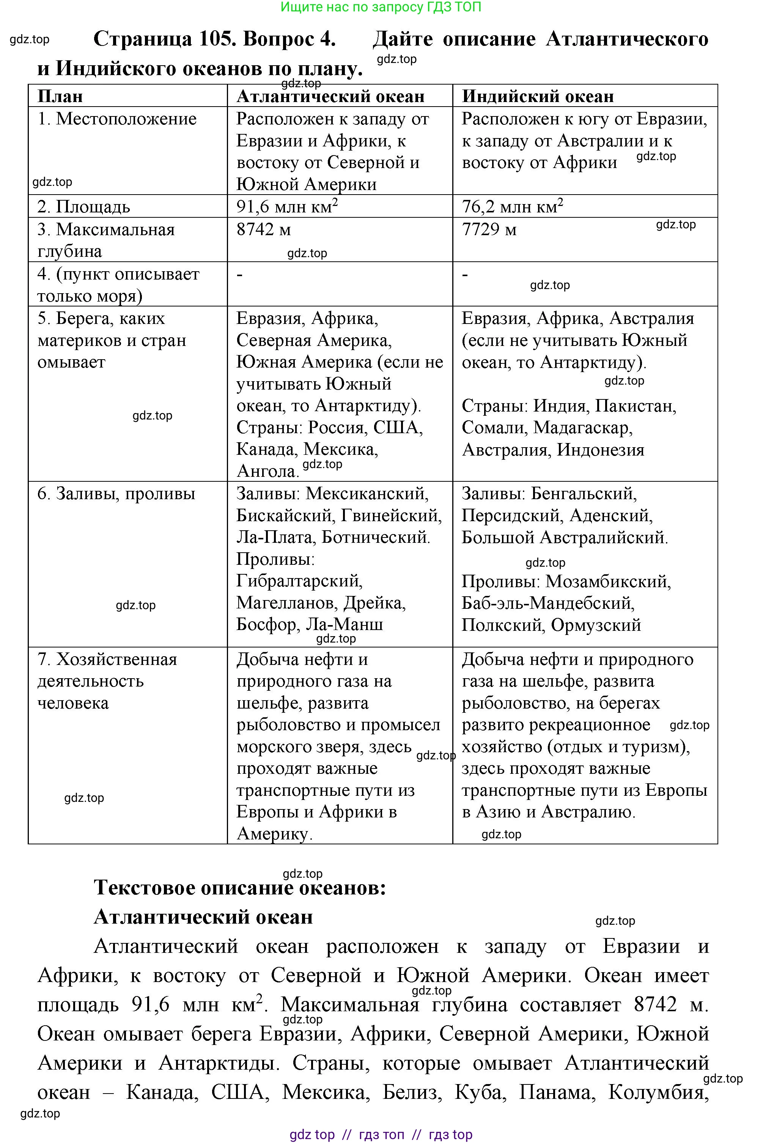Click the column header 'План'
click(60, 96)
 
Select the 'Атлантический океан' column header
click(330, 96)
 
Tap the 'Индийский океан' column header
click(538, 96)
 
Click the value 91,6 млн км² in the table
click(287, 206)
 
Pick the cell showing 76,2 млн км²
click(512, 206)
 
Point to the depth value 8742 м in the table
click(264, 229)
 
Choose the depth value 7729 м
click(489, 229)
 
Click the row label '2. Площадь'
click(84, 207)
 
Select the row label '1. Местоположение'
click(117, 119)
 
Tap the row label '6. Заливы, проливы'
click(116, 494)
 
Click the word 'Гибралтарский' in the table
click(299, 581)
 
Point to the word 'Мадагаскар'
click(582, 427)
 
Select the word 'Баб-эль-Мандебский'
click(548, 603)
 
